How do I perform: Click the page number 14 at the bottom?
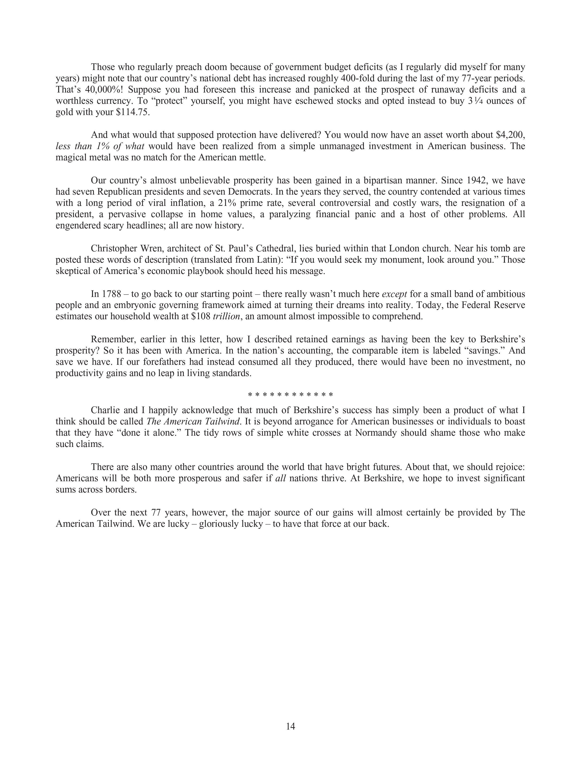(x=291, y=726)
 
